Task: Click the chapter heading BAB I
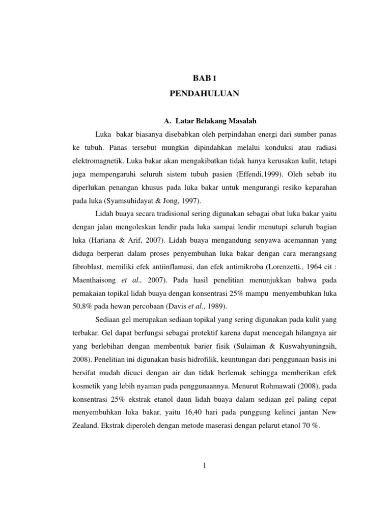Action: point(204,78)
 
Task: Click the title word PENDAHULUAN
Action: point(204,94)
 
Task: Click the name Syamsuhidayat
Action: point(129,201)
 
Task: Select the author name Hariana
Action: point(105,241)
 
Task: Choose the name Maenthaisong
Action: point(96,280)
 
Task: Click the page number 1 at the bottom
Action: point(204,465)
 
